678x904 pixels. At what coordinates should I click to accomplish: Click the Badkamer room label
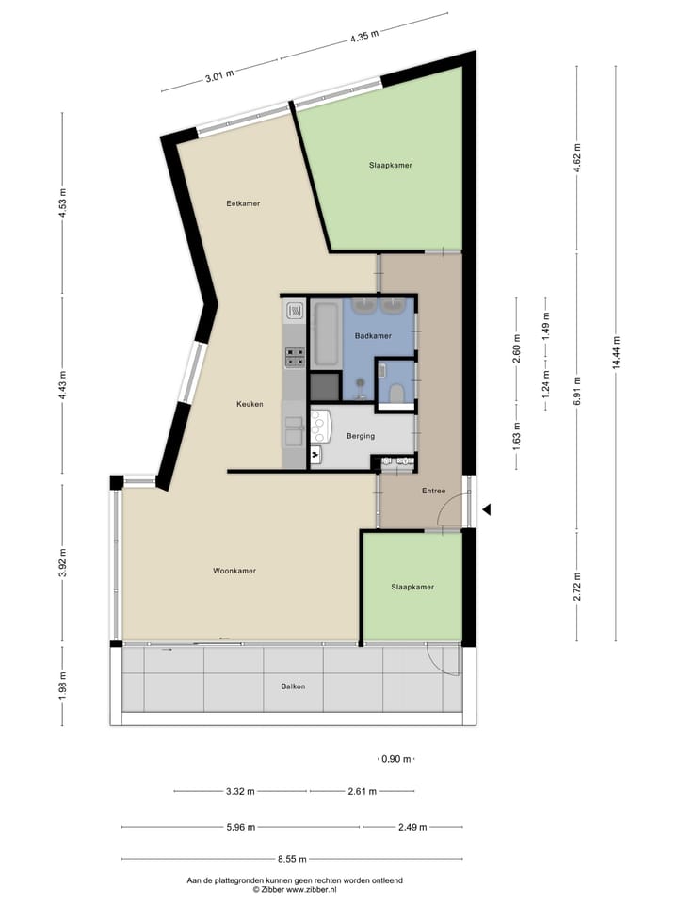(373, 335)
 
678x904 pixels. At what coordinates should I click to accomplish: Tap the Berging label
(361, 436)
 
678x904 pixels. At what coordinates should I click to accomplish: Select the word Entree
(433, 490)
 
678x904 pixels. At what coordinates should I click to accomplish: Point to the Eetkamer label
(243, 203)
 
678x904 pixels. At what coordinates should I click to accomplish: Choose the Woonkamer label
(234, 571)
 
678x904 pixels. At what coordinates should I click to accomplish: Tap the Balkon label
(293, 686)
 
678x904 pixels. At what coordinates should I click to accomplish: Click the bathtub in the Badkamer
(326, 331)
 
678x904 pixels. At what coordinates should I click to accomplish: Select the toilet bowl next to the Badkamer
(396, 392)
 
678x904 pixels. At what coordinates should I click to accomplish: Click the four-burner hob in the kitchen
(295, 355)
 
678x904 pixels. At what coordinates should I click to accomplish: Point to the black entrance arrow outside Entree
(487, 509)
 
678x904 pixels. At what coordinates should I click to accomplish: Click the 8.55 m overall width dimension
(293, 859)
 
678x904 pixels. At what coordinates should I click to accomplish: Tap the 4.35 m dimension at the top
(364, 37)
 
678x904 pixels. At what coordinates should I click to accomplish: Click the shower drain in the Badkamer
(360, 381)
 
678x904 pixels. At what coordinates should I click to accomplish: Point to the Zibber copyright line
(293, 888)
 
